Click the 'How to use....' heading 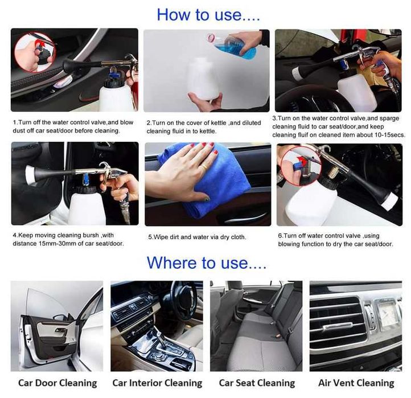click(208, 15)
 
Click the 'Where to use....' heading click(207, 262)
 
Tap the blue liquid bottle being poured click(232, 46)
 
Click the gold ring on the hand click(204, 167)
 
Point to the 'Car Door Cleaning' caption click(57, 383)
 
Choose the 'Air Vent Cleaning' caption click(356, 383)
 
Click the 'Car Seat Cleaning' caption click(257, 383)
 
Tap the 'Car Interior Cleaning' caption click(157, 383)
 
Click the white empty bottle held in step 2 click(203, 79)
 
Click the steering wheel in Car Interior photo click(183, 298)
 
